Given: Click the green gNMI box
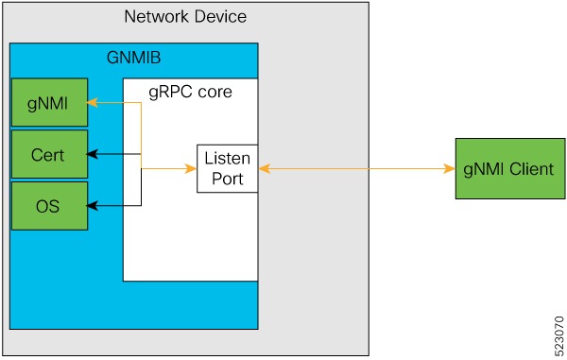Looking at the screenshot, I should [x=48, y=103].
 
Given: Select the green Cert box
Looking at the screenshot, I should [x=48, y=155].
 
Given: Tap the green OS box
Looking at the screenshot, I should [x=48, y=206].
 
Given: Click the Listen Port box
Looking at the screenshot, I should [x=227, y=168].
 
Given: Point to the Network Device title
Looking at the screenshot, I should [x=185, y=18].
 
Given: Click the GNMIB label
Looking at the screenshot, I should [x=133, y=57].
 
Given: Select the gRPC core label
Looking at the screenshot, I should [x=190, y=93].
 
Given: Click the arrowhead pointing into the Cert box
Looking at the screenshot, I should [x=92, y=154].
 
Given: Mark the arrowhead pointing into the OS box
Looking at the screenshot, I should [x=92, y=205].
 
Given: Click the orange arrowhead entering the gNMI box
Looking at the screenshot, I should [x=92, y=103].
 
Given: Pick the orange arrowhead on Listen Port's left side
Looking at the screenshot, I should [x=192, y=168].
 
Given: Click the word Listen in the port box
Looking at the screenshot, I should [x=227, y=159].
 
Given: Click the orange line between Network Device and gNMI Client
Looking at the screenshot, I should [x=406, y=168].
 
